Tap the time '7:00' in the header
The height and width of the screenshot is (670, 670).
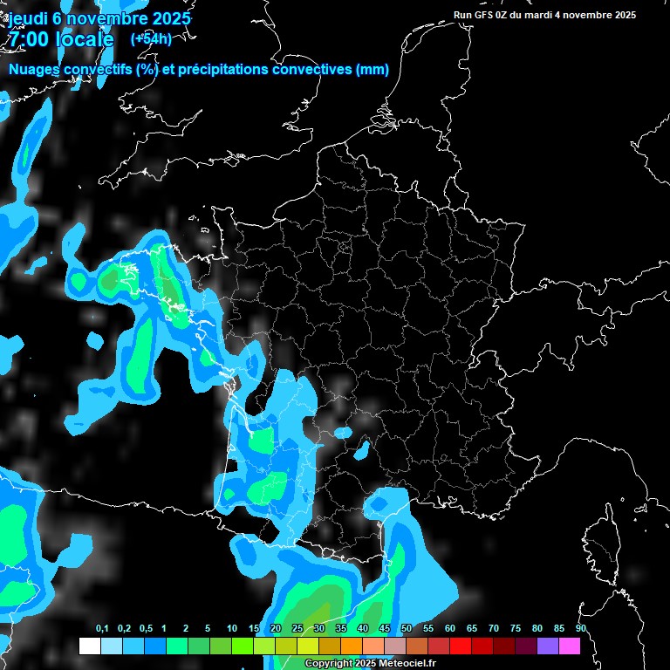click(31, 39)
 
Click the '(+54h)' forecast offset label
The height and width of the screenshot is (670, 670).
click(151, 38)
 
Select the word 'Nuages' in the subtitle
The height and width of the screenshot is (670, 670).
click(34, 70)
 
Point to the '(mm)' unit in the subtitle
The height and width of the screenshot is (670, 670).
click(373, 70)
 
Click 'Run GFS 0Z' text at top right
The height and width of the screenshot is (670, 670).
click(482, 15)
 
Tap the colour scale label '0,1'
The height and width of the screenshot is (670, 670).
click(101, 629)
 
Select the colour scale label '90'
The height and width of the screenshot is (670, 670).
click(581, 629)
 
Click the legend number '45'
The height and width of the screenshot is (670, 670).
click(385, 629)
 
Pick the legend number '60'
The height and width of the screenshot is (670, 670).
click(450, 629)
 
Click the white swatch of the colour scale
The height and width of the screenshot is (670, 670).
click(89, 646)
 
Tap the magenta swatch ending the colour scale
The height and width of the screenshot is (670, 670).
click(570, 646)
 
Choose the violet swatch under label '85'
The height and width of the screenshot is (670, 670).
click(548, 646)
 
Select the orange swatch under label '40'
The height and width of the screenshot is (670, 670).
click(352, 646)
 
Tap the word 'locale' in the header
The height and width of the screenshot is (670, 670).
click(84, 39)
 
